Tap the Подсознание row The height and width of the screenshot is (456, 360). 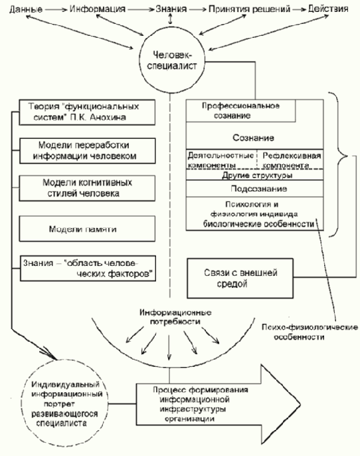click(254, 189)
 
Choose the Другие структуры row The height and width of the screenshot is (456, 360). click(254, 176)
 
